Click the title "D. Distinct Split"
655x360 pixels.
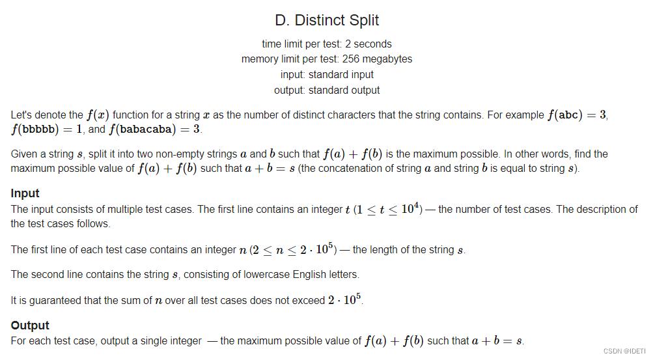(327, 20)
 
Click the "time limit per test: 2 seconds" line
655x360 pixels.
(327, 44)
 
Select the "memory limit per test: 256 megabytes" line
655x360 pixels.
(327, 59)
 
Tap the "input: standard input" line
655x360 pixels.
(327, 74)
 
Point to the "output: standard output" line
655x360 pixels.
(327, 90)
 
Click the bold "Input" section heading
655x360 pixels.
(25, 193)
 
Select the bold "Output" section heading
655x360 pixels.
(30, 325)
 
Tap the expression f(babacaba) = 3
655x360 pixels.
(155, 129)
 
